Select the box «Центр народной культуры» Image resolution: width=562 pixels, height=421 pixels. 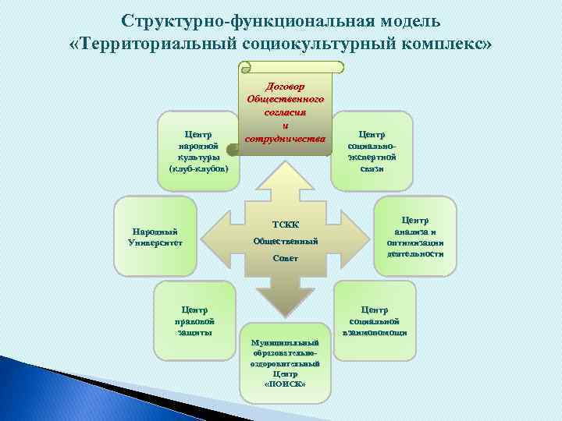pos(198,150)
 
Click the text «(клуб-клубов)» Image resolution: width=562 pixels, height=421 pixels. pos(198,168)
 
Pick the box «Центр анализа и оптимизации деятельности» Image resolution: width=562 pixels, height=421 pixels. pos(416,237)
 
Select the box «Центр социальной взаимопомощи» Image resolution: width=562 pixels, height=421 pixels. pos(375,320)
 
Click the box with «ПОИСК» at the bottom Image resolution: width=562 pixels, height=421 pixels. pos(285,363)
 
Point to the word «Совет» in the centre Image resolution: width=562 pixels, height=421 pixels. pos(285,258)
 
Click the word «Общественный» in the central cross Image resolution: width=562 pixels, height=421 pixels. pos(285,241)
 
